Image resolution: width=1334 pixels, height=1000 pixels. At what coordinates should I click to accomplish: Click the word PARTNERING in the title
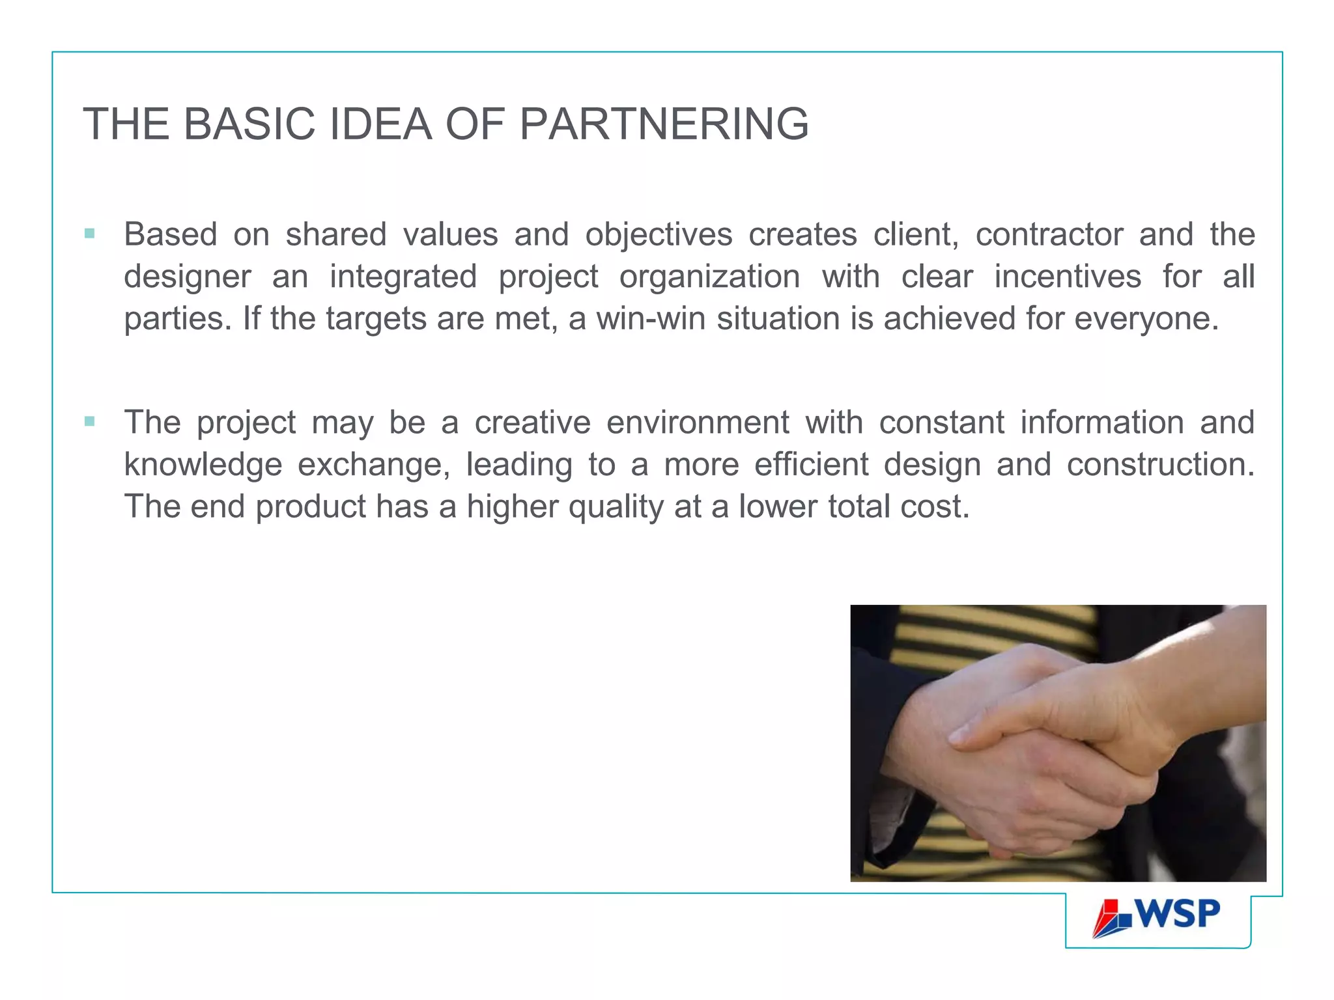pos(664,124)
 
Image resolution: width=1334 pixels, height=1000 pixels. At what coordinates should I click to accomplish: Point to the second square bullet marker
pos(90,421)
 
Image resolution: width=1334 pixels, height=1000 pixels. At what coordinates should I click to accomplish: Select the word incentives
pos(1068,277)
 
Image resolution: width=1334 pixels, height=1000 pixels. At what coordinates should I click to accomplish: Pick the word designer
pos(187,277)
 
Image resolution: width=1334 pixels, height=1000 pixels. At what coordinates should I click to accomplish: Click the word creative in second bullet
pos(532,423)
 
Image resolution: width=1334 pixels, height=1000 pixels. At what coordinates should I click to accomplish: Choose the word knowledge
pos(203,465)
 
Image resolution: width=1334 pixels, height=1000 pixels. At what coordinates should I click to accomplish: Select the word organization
pos(709,277)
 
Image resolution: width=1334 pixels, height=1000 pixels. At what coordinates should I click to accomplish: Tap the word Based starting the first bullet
pos(170,234)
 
